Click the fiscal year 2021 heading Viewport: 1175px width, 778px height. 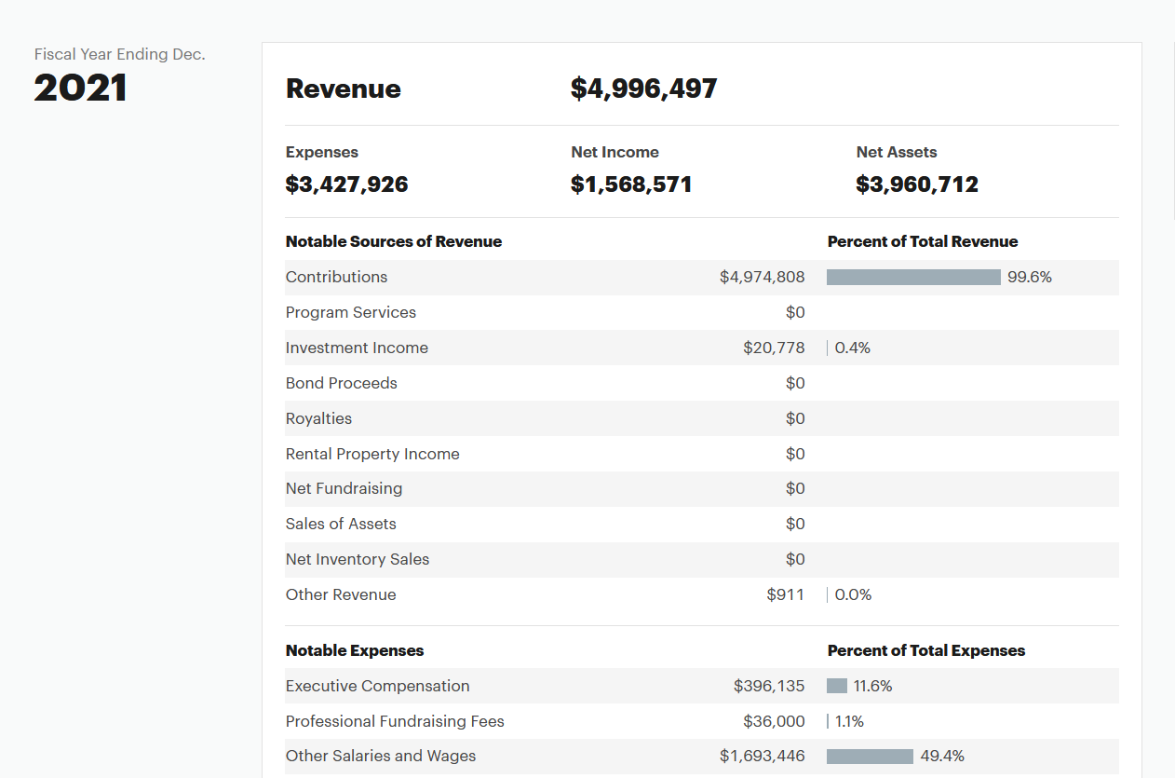click(x=80, y=88)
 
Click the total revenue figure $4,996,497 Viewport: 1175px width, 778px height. click(x=643, y=89)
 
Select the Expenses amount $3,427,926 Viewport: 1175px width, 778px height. click(x=346, y=184)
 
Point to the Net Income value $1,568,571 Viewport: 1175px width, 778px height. click(x=631, y=184)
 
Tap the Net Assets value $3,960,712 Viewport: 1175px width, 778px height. click(x=917, y=184)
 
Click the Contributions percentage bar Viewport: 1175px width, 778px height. click(x=913, y=277)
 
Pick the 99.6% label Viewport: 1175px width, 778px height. click(x=1029, y=277)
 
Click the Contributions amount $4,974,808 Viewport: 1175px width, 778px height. click(x=762, y=277)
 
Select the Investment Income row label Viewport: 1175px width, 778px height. click(x=357, y=348)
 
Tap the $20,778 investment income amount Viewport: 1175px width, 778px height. click(x=774, y=348)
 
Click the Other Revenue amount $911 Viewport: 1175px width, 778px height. click(x=785, y=594)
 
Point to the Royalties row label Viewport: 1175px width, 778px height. click(x=318, y=418)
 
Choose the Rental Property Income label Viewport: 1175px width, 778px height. click(x=372, y=454)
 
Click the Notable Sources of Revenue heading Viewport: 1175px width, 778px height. click(x=394, y=241)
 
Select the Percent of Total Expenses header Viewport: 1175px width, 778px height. click(x=925, y=650)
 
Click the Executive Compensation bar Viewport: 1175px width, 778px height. click(x=837, y=686)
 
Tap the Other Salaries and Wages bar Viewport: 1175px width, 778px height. click(x=870, y=756)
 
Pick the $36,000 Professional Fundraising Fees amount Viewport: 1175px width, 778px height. click(x=774, y=721)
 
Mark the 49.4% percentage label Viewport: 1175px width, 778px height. click(x=942, y=756)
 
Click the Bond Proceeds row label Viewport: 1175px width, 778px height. click(x=341, y=383)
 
